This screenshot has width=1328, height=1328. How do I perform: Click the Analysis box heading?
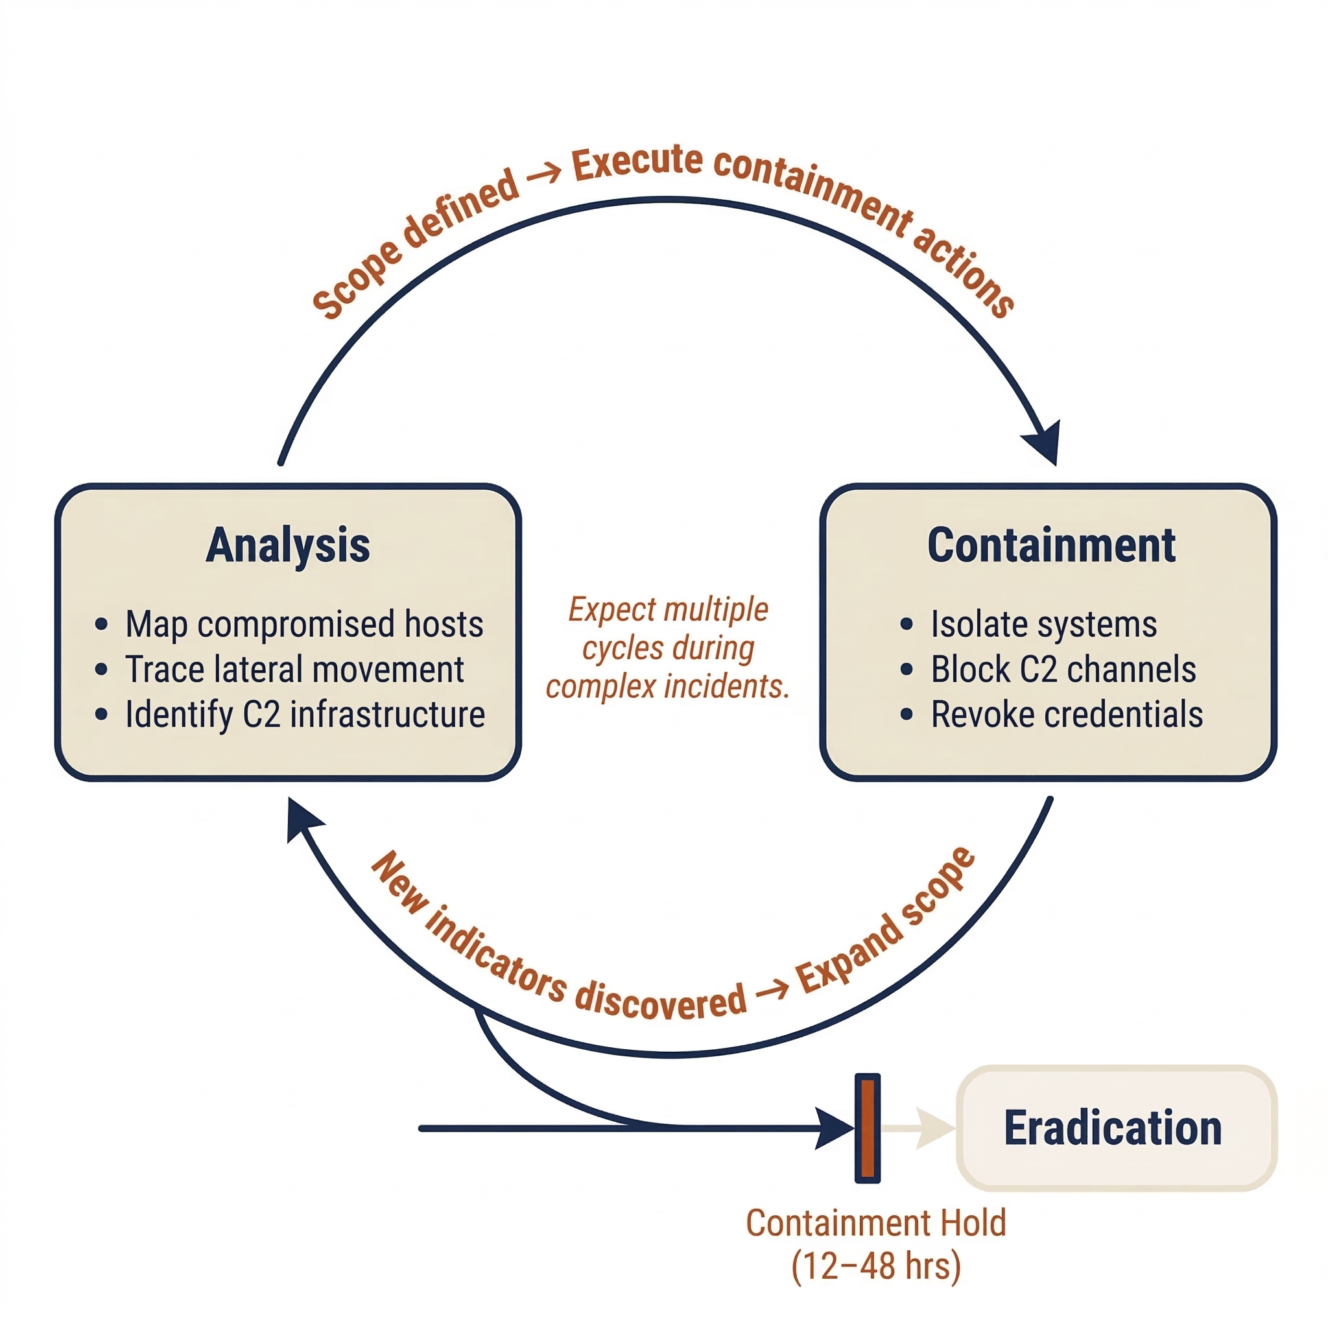288,545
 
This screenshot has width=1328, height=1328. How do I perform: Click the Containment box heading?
1051,545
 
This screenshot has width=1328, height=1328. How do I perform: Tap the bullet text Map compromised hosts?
304,624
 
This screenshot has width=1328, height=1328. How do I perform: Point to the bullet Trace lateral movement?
294,669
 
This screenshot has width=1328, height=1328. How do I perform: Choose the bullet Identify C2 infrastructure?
305,714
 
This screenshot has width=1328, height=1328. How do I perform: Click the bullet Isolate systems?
1043,624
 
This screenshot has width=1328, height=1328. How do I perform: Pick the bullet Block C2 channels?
1063,669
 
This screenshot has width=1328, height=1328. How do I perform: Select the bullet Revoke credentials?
1066,714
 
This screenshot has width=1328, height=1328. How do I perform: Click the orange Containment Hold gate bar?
868,1128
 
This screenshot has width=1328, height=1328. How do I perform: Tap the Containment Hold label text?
875,1223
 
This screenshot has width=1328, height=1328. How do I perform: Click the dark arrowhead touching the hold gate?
835,1128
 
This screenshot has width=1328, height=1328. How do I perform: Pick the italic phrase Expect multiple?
668,610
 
